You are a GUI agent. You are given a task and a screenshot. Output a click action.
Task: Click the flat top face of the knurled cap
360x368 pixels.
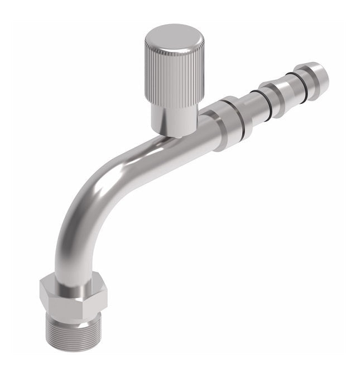click(174, 37)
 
